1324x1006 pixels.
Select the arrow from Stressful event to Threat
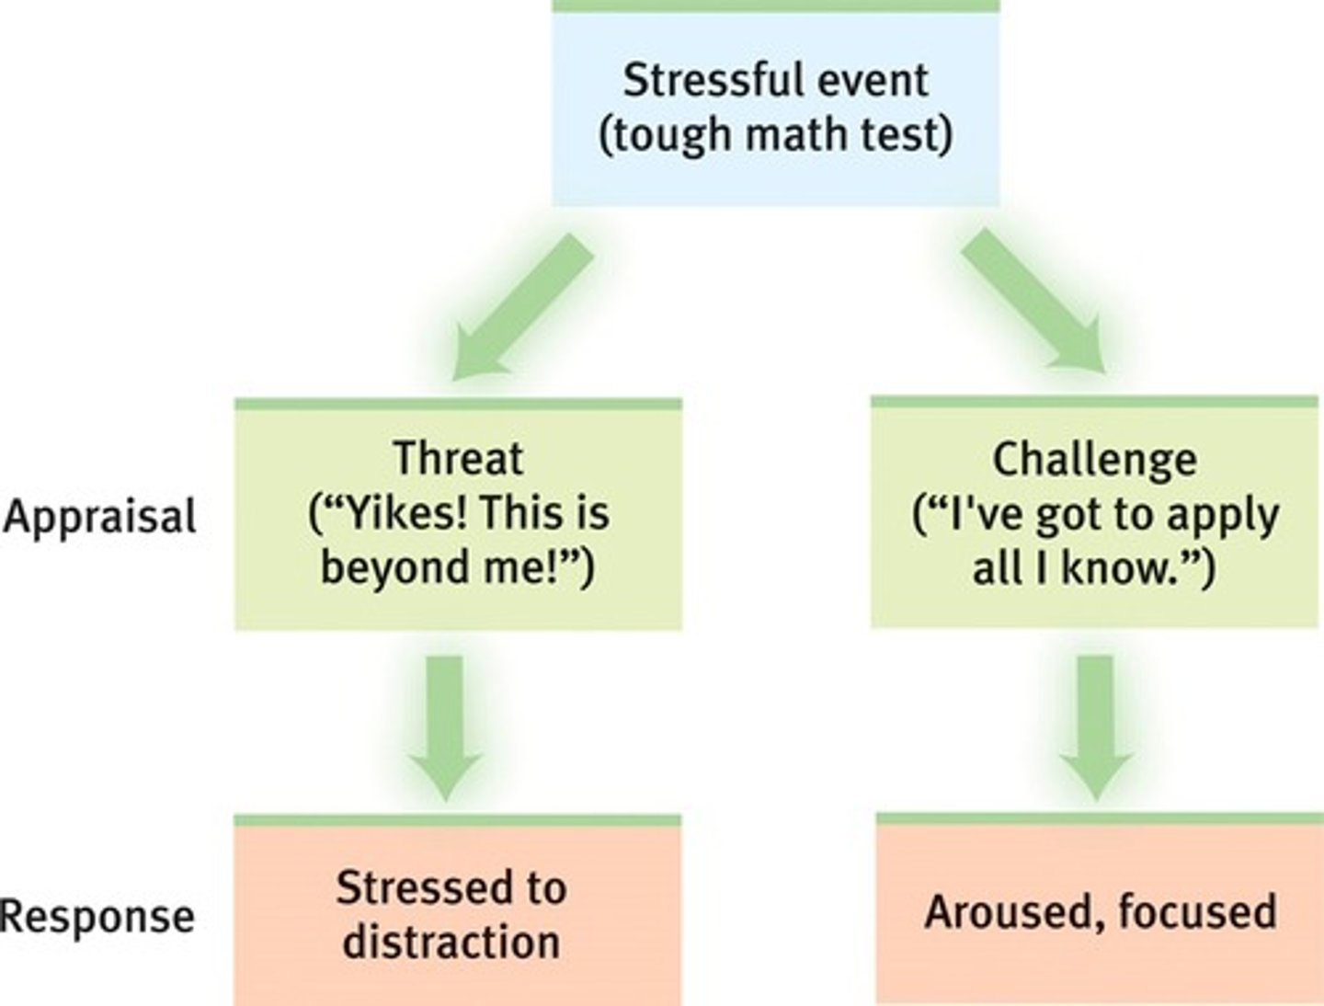tap(520, 305)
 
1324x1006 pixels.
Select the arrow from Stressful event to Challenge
tap(1034, 302)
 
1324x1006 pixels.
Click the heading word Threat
tap(458, 458)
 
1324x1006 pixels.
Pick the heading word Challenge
tap(1094, 459)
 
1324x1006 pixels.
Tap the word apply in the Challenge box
tap(1224, 515)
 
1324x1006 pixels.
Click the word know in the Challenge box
tap(1119, 568)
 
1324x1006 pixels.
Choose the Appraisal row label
tap(99, 517)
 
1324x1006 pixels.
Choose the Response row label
tap(97, 916)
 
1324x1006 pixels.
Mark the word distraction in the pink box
tap(451, 943)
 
